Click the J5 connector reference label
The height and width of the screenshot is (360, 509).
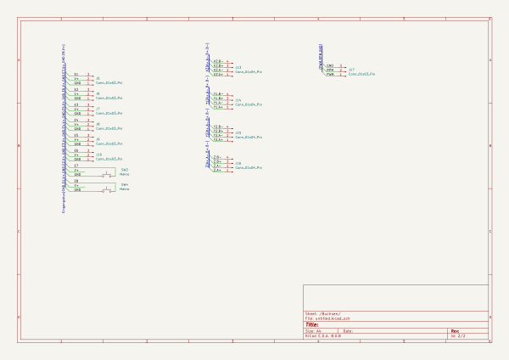(98, 78)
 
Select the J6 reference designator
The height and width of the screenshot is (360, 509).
(98, 93)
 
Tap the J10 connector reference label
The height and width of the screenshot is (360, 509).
(98, 155)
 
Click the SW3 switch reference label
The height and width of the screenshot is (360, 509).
(125, 169)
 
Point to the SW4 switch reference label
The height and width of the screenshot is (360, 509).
(125, 184)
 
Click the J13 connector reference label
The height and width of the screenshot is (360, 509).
(238, 67)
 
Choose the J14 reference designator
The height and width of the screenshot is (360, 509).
(238, 100)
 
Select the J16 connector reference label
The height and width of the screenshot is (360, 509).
(238, 163)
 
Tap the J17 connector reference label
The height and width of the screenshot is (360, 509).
(351, 70)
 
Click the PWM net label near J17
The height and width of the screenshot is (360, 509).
(330, 75)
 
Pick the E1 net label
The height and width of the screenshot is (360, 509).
(76, 75)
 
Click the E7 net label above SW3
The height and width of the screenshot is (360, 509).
(76, 166)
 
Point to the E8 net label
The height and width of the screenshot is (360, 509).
(76, 181)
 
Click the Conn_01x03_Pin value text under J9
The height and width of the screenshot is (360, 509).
(109, 143)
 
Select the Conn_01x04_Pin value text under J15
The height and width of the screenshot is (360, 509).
(249, 137)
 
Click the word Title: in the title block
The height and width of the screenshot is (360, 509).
(312, 324)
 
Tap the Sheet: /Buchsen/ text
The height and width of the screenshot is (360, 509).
(323, 313)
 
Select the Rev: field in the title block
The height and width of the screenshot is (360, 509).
(456, 331)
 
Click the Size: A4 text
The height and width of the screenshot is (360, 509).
(313, 331)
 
